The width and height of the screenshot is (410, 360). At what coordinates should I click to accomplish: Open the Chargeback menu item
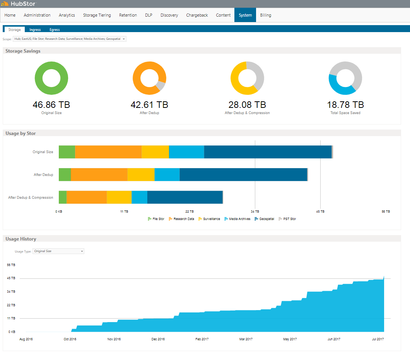click(197, 15)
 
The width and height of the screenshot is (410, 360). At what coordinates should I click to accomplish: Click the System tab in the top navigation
click(245, 15)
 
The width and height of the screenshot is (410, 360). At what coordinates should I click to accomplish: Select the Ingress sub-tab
click(35, 29)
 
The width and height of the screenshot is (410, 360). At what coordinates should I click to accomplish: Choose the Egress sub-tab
click(55, 29)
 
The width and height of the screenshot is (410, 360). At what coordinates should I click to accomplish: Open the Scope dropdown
click(70, 39)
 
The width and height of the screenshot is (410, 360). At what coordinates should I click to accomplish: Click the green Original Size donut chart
click(38, 78)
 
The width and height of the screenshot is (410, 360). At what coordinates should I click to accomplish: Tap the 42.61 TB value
click(149, 105)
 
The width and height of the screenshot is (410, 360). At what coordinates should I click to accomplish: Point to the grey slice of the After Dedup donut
click(161, 85)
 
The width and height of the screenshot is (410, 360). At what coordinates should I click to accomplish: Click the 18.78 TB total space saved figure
click(345, 105)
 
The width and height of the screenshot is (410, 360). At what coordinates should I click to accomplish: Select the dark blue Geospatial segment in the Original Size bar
click(268, 152)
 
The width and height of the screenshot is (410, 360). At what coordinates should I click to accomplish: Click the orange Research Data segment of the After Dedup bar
click(99, 175)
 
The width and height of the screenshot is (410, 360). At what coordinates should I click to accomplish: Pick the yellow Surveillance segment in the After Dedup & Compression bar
click(119, 197)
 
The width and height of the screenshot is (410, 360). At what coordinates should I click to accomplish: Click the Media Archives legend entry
click(237, 219)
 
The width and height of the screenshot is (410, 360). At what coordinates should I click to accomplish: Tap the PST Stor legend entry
click(287, 219)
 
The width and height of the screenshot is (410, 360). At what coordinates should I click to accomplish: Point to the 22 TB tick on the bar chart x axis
click(190, 212)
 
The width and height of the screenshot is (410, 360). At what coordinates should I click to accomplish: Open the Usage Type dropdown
click(58, 251)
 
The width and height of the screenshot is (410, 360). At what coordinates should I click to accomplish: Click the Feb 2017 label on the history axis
click(202, 339)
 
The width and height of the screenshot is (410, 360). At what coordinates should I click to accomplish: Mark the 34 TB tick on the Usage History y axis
click(11, 292)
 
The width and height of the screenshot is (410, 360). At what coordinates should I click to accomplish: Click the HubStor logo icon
click(5, 3)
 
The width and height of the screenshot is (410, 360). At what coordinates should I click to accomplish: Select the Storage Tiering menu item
click(97, 15)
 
